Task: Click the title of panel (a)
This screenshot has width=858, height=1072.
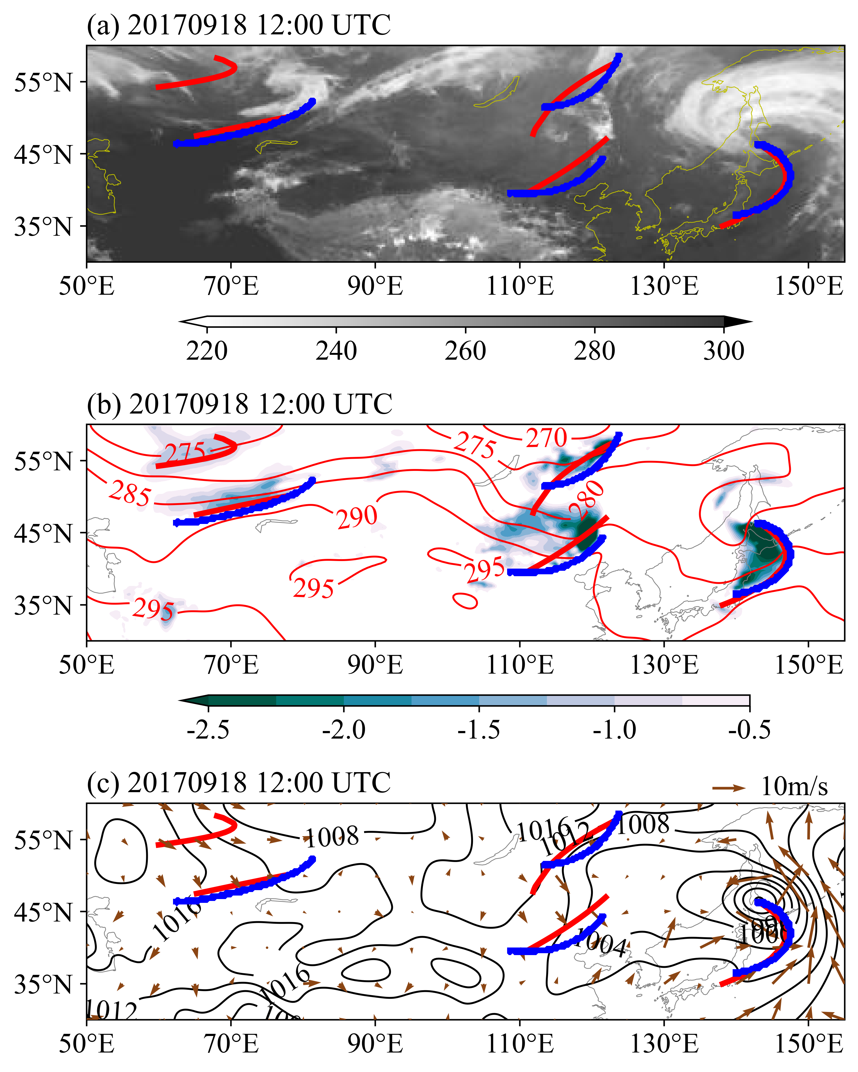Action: pyautogui.click(x=239, y=25)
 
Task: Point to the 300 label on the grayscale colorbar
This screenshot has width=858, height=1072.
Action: pyautogui.click(x=724, y=351)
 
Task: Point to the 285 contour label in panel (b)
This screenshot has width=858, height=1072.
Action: pyautogui.click(x=130, y=493)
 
